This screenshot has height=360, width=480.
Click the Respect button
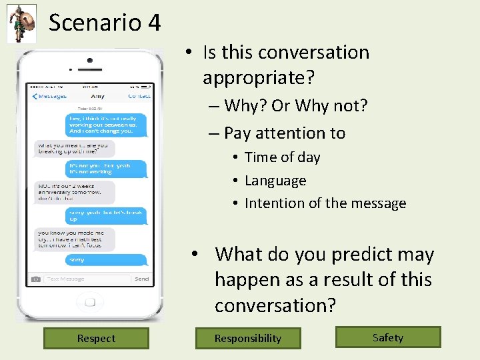pos(96,338)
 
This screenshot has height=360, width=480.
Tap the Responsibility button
pos(248,338)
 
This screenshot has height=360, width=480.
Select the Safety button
pos(388,337)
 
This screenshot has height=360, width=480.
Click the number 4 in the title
pos(154,23)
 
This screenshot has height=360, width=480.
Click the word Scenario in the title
pos(95,23)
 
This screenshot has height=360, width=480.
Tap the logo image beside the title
pos(21,23)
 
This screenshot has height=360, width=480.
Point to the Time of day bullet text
pos(282,157)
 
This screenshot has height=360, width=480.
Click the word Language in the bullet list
pos(275,181)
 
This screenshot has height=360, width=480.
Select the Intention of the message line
pos(325,203)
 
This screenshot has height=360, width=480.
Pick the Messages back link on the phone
pos(49,97)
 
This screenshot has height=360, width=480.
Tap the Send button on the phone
pos(142,279)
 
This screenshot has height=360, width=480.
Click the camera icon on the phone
pos(36,279)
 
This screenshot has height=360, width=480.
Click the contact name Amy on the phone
pos(97,97)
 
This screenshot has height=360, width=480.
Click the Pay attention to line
pos(285,133)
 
